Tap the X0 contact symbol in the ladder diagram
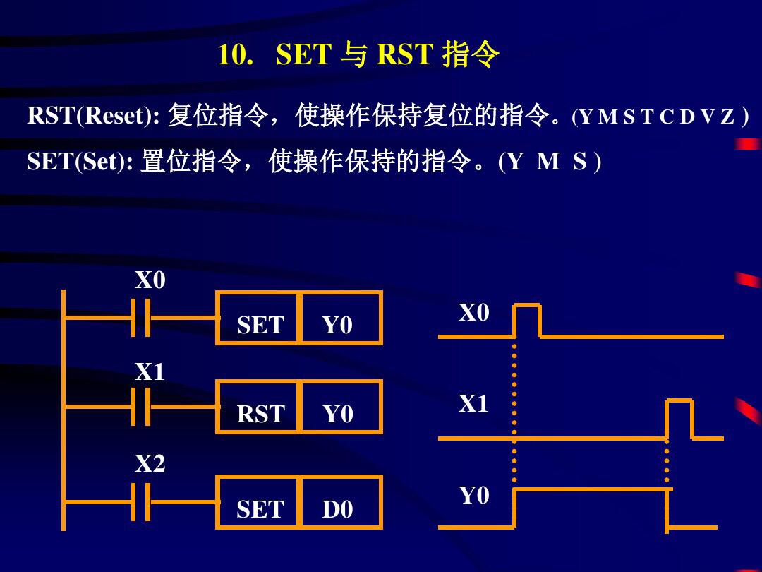(141, 318)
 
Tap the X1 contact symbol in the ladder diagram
(141, 407)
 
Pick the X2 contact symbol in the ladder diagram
(141, 502)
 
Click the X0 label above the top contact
(150, 281)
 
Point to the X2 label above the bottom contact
(150, 464)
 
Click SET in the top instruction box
(260, 326)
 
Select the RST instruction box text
(260, 415)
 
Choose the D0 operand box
(338, 509)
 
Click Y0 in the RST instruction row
(338, 415)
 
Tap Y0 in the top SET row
(338, 326)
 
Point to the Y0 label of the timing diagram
(473, 496)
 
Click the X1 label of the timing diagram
(473, 404)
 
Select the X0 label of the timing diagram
(473, 313)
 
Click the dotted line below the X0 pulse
(514, 410)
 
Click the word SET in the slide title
(303, 55)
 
